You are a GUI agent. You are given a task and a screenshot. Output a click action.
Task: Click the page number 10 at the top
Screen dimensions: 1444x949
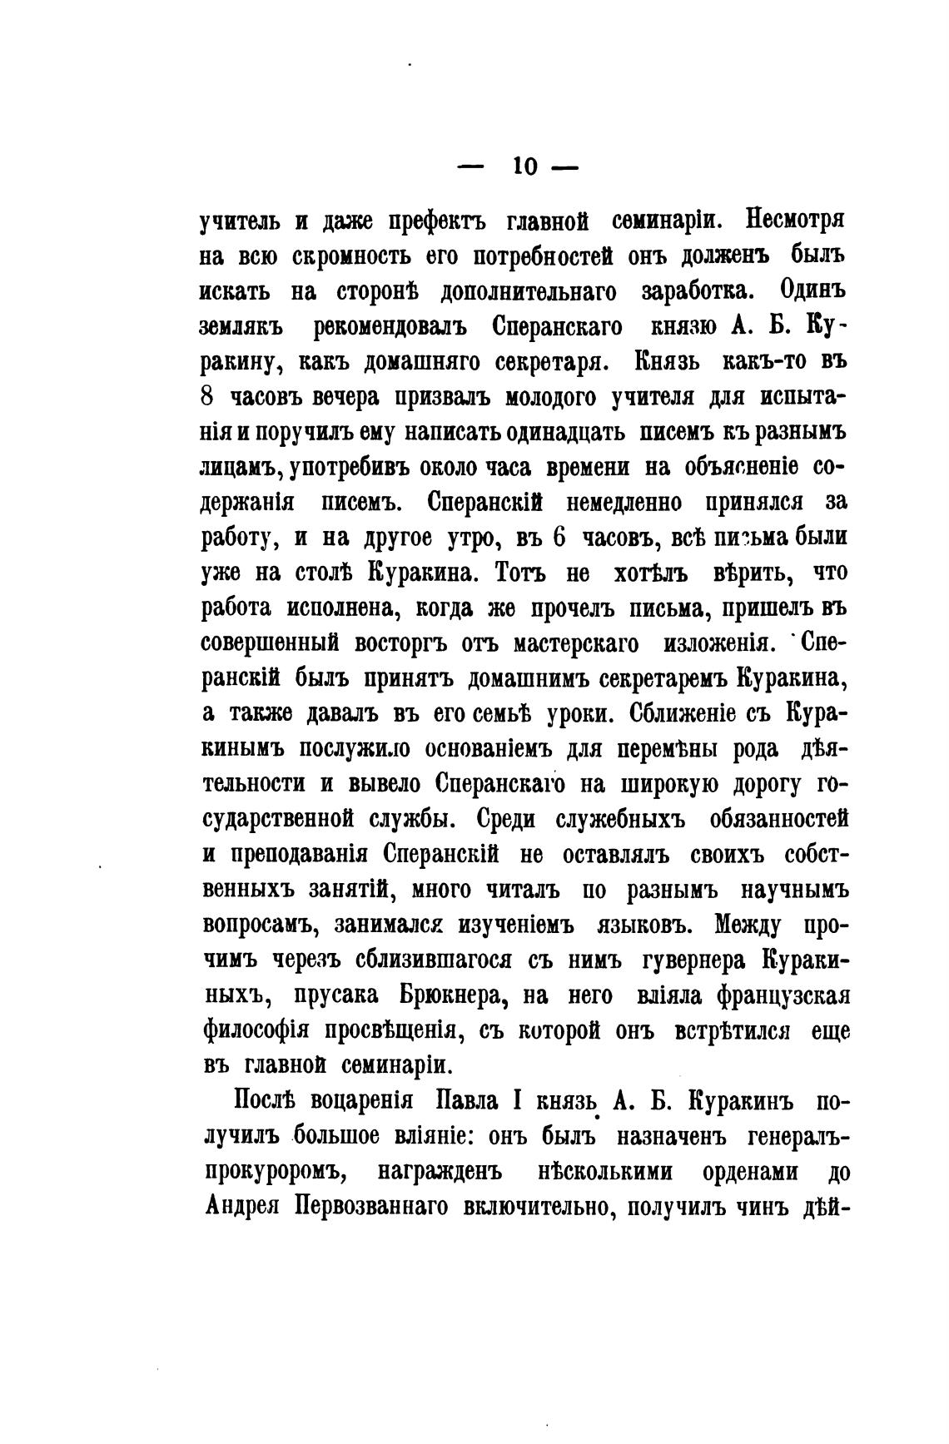(524, 166)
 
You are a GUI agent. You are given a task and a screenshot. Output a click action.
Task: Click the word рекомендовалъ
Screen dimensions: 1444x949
(390, 328)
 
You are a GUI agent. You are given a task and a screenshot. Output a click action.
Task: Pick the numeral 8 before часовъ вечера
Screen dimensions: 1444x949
(209, 398)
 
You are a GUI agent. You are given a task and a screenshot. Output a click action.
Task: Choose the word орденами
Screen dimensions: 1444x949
(752, 1171)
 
